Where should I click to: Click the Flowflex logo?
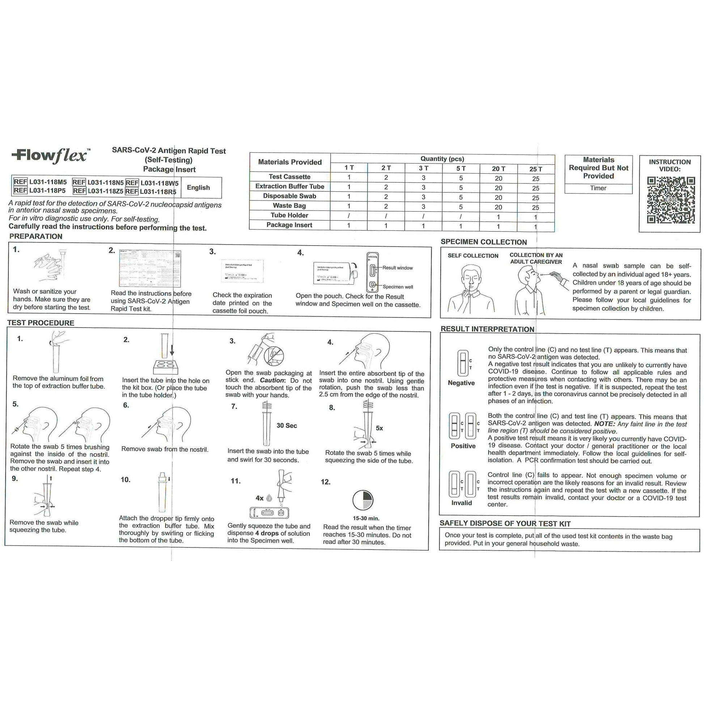[50, 156]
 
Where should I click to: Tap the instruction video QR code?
[670, 200]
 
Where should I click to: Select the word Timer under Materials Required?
[598, 188]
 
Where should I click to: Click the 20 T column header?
[498, 169]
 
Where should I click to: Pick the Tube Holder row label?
[289, 215]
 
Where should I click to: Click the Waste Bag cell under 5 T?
[461, 207]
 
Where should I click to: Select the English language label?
[198, 188]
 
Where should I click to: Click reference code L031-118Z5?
[105, 191]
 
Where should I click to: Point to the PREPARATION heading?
[36, 237]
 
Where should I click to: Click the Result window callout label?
[398, 268]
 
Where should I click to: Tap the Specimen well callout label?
[398, 287]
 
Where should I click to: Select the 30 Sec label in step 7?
[287, 425]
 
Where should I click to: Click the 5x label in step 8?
[379, 428]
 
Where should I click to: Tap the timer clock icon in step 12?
[363, 500]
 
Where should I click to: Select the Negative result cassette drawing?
[463, 363]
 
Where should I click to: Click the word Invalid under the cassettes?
[461, 503]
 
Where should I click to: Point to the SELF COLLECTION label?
[472, 256]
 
